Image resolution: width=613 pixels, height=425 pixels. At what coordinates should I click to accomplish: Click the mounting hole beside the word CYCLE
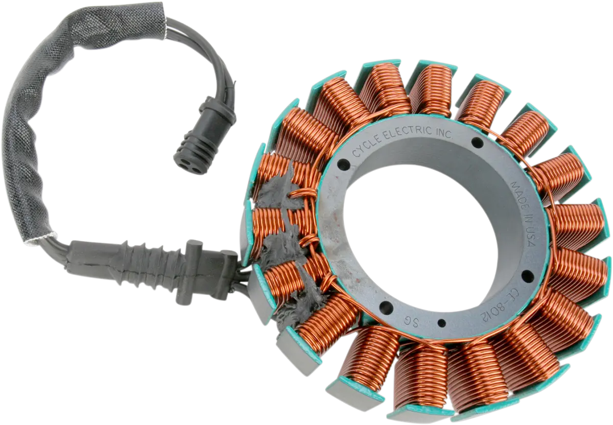click(343, 165)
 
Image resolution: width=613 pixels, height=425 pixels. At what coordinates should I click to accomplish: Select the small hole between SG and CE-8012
click(440, 322)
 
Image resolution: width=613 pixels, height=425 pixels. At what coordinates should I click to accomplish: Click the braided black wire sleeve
click(31, 128)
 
